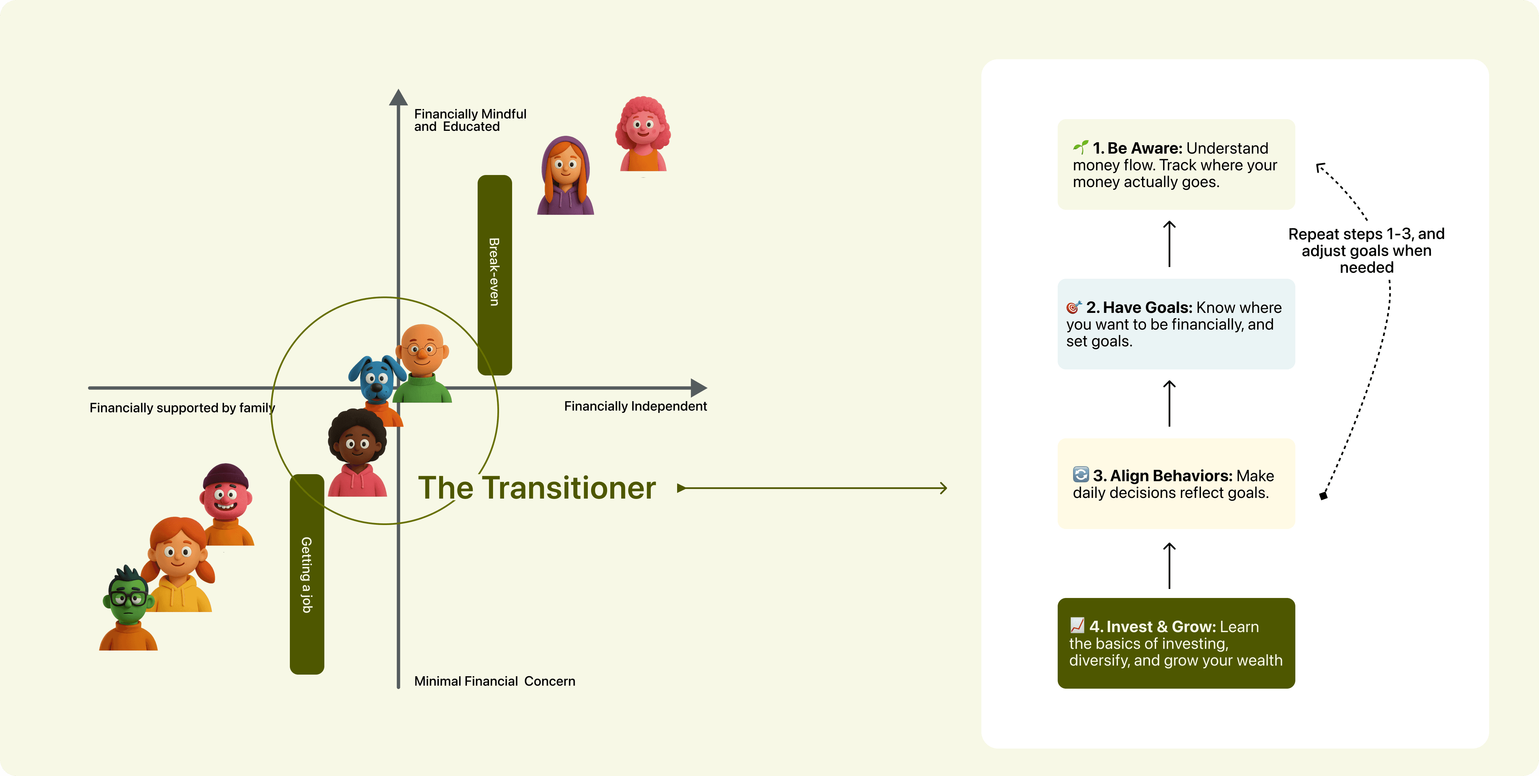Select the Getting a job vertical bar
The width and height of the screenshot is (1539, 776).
[x=307, y=574]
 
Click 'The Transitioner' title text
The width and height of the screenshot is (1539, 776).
[x=537, y=488]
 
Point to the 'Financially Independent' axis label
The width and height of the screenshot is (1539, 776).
[x=635, y=406]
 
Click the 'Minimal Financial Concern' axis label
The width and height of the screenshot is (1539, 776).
[x=494, y=681]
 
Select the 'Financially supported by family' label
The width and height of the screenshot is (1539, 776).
[x=182, y=408]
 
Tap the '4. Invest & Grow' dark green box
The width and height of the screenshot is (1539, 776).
[x=1176, y=643]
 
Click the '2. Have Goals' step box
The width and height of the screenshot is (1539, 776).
[x=1176, y=324]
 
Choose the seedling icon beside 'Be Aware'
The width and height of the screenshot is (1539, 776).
[x=1080, y=147]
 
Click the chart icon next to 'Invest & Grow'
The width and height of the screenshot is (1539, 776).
[x=1077, y=625]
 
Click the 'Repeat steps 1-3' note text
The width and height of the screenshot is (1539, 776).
[x=1366, y=250]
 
